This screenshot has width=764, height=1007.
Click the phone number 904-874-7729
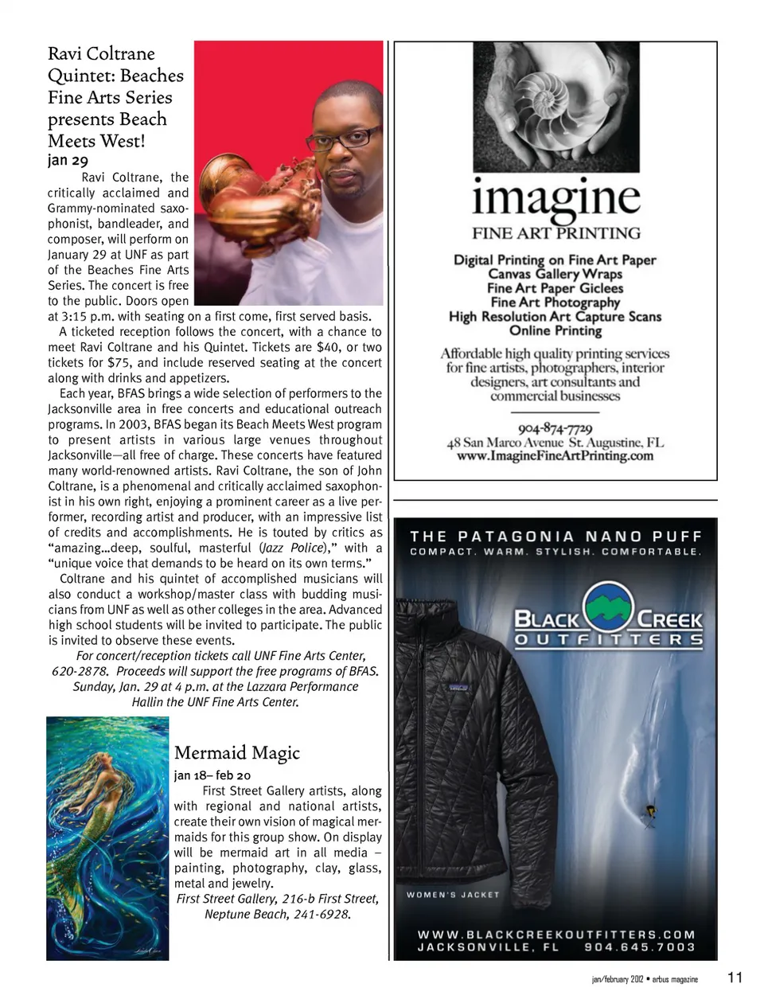point(555,429)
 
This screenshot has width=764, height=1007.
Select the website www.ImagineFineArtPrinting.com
point(555,456)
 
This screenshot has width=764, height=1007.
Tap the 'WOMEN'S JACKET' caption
point(453,895)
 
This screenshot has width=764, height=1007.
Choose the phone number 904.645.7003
point(640,947)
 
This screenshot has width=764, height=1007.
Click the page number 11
point(735,978)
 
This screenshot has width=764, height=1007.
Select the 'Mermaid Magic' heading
point(237,752)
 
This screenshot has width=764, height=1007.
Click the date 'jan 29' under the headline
point(68,161)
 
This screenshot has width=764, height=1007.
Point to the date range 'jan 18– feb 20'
point(212,775)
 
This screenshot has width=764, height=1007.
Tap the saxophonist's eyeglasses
point(344,138)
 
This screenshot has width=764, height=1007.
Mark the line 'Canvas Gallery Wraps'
point(555,274)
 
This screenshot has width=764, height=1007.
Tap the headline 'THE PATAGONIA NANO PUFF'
point(556,537)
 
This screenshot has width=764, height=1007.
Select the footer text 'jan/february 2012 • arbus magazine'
point(645,979)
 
